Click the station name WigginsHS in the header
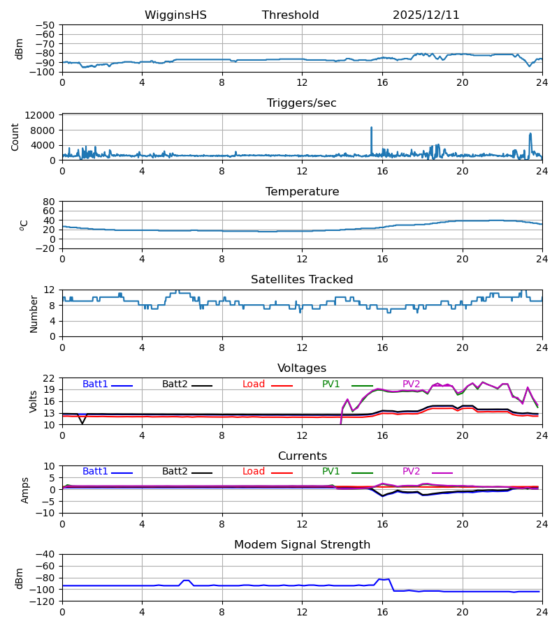pos(175,15)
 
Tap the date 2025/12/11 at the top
pos(426,15)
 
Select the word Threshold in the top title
pos(291,15)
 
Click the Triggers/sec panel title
pos(302,103)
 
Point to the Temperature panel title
pos(302,192)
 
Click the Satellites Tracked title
pos(302,280)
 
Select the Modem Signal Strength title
pos(302,545)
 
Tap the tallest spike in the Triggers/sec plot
pos(371,128)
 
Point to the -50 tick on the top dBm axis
pos(48,25)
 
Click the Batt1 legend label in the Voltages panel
pos(95,384)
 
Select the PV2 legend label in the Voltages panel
pos(412,384)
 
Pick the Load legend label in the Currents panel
pos(254,472)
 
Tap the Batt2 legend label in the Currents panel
pos(175,472)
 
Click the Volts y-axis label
pos(34,401)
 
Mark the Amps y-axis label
pos(26,490)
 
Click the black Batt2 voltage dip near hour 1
pos(82,423)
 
